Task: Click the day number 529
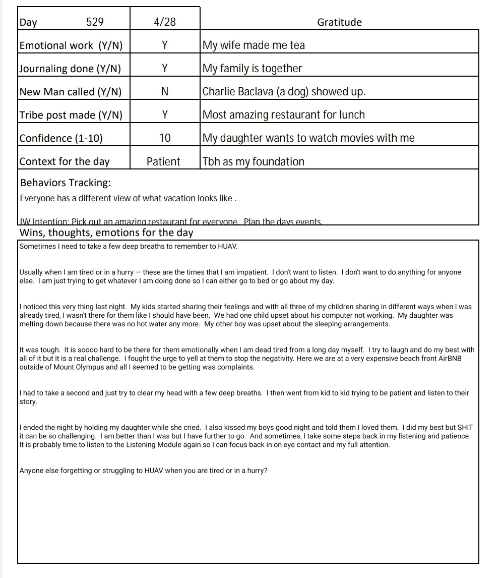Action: coord(95,22)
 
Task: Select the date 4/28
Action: coord(164,22)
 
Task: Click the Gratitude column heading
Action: coord(339,22)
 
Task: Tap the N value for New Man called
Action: coord(164,92)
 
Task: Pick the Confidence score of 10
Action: coord(164,138)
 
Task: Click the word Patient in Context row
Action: coord(163,161)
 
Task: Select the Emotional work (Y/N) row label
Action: coord(71,45)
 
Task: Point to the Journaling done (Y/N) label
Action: coord(70,69)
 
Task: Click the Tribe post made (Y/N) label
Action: coord(71,115)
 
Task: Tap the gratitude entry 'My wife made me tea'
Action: coord(254,45)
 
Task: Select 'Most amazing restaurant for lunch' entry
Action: coord(283,115)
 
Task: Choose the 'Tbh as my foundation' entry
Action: coord(254,161)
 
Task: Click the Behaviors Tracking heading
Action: coord(66,183)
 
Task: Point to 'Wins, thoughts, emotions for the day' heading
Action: coord(106,233)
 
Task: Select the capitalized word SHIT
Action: coord(465,428)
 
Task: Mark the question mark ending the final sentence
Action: coord(266,471)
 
